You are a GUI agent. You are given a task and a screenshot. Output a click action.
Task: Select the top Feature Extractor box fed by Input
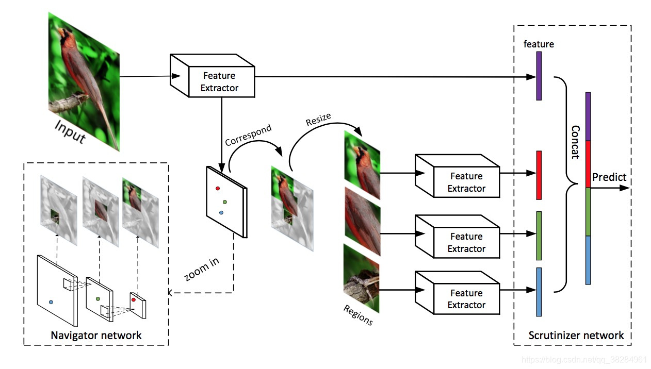220,82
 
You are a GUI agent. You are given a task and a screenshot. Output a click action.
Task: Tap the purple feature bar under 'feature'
539,75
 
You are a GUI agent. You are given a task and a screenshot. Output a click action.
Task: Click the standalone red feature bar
539,175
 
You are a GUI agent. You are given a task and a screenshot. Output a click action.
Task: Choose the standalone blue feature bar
539,292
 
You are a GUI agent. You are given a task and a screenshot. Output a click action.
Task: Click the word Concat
575,142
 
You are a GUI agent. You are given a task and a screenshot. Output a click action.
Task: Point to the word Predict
609,177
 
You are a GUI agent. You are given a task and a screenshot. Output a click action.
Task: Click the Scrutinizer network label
576,336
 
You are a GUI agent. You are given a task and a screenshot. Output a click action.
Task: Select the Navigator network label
96,336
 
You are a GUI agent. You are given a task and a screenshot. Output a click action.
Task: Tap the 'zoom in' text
202,269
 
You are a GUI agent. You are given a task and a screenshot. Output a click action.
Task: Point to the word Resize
318,120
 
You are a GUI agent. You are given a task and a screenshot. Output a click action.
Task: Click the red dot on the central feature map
218,189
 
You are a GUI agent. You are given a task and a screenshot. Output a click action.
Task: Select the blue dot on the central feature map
221,212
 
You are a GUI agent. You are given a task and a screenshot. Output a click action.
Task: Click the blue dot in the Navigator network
51,301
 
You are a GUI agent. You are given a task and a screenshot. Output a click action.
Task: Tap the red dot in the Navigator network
133,299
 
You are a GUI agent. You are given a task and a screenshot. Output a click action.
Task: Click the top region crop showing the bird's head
362,165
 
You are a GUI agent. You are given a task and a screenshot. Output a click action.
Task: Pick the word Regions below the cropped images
357,314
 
